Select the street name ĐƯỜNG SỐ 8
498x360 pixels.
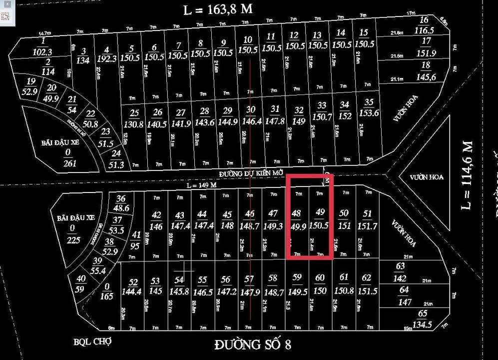[252, 344]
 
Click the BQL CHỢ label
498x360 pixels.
[92, 342]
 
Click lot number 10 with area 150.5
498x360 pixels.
[247, 45]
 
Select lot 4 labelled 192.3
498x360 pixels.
[106, 53]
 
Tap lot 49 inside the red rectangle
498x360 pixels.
[320, 218]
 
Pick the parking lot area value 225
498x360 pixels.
[73, 234]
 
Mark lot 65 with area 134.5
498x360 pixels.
[423, 318]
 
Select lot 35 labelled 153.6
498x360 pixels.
[369, 107]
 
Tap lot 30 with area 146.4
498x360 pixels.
[251, 115]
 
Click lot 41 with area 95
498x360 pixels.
[135, 240]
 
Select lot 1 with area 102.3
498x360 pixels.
[43, 45]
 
